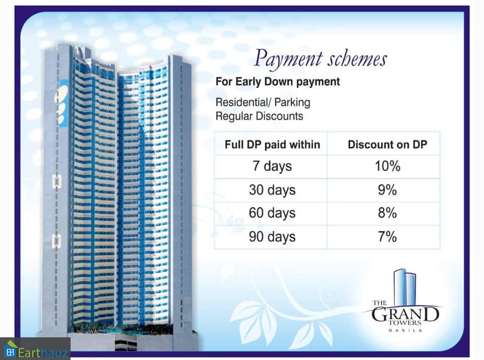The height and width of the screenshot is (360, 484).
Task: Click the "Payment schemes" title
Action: click(x=320, y=58)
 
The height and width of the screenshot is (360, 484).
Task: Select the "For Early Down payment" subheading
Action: click(x=277, y=82)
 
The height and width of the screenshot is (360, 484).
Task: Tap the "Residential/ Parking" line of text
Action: click(x=263, y=102)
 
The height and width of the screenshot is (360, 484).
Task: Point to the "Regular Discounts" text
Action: click(x=259, y=116)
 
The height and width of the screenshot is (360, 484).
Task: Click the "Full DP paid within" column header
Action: click(x=272, y=145)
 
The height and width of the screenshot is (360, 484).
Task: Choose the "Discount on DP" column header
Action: click(x=387, y=145)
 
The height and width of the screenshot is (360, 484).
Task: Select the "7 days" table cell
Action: click(x=272, y=166)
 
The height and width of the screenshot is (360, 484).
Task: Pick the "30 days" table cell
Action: click(x=272, y=190)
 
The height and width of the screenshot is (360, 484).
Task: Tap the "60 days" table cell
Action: click(x=272, y=213)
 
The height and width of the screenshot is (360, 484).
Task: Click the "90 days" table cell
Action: click(x=272, y=237)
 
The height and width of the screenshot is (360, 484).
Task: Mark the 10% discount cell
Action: click(x=387, y=166)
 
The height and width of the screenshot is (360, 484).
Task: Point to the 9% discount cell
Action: click(x=387, y=190)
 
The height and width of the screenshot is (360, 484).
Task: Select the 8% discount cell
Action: click(x=387, y=213)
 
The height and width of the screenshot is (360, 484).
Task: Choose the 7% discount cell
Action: click(x=387, y=237)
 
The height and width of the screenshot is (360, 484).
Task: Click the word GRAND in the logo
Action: click(x=405, y=314)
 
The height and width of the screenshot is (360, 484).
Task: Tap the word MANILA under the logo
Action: click(x=405, y=330)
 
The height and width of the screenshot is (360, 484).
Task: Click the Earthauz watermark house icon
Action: click(x=10, y=349)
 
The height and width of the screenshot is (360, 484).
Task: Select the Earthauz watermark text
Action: click(x=43, y=352)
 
